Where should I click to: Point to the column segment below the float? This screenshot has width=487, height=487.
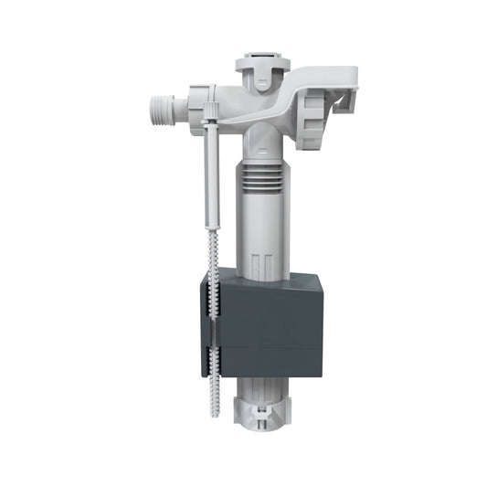pos(266,393)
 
